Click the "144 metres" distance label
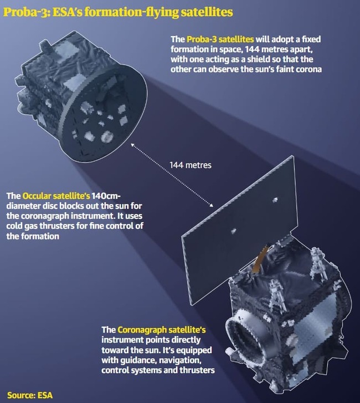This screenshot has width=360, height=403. coord(191,165)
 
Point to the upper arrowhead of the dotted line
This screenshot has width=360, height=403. coord(133,145)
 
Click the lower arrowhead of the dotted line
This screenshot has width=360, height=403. coord(211,205)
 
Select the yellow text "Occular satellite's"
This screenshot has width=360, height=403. coord(56,196)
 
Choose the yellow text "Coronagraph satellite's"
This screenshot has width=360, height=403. coord(162,330)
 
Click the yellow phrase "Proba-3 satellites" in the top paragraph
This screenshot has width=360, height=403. coord(220,39)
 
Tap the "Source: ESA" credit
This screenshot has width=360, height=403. coord(30,395)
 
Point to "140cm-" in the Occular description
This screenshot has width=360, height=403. coord(106,196)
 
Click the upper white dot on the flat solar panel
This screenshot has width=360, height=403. coord(275,200)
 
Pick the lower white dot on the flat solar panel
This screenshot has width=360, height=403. coord(233,231)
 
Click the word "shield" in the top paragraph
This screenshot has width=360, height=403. coord(258,59)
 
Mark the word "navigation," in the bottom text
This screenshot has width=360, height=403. coord(180,360)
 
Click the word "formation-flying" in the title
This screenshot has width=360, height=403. coord(131,12)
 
